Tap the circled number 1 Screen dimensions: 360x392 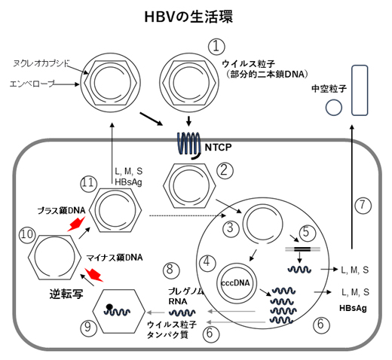click(x=217, y=46)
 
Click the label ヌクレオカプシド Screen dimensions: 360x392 click(x=41, y=65)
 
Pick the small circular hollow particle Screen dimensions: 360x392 click(x=332, y=108)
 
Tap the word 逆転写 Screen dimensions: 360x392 click(x=52, y=288)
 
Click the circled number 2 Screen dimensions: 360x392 click(x=224, y=171)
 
